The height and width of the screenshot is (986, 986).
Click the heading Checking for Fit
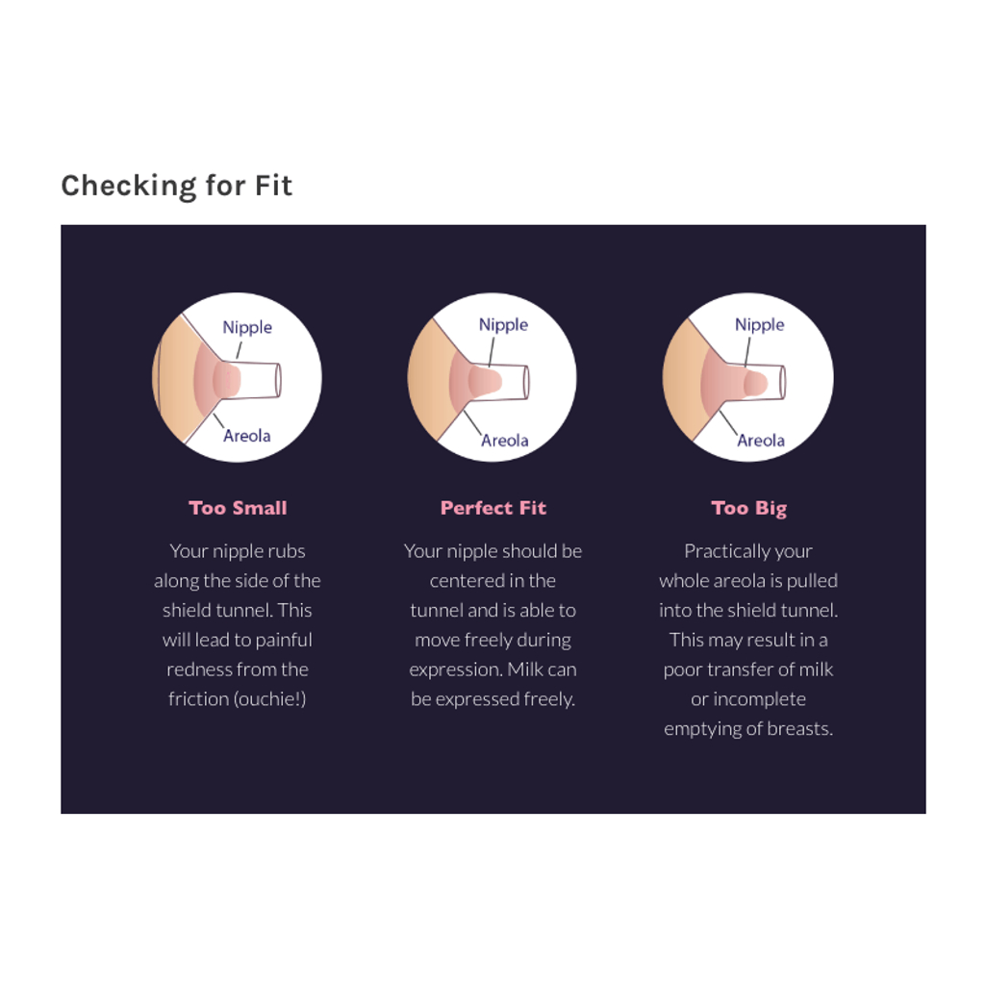click(x=177, y=186)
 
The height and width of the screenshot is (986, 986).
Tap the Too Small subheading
click(x=238, y=508)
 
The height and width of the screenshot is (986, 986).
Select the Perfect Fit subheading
click(x=493, y=508)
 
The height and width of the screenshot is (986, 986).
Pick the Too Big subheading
click(x=749, y=509)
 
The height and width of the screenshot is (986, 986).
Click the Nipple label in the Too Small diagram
click(x=247, y=328)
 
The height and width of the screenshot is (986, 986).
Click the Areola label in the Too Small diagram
click(x=247, y=435)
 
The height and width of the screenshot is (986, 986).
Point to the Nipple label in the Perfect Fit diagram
click(x=503, y=325)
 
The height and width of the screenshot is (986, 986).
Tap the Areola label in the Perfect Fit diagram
click(x=504, y=441)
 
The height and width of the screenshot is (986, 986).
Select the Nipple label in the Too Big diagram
click(x=760, y=325)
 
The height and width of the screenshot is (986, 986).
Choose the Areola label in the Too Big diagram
click(x=761, y=441)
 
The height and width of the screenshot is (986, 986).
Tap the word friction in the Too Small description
click(x=198, y=698)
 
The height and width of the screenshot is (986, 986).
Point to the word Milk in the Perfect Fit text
click(x=524, y=670)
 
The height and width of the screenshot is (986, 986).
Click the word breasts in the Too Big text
click(x=798, y=728)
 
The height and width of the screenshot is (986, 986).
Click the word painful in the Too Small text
click(x=284, y=640)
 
